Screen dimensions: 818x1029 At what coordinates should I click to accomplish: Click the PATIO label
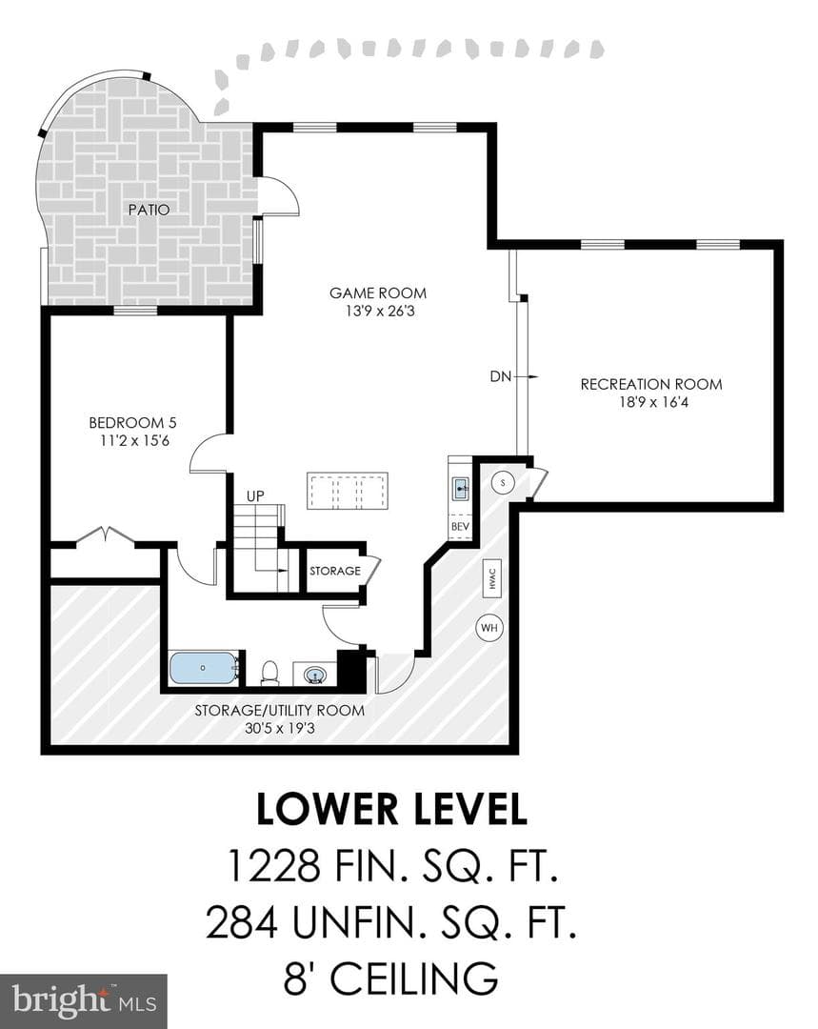[149, 210]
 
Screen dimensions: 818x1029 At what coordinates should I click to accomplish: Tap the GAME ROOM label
[378, 293]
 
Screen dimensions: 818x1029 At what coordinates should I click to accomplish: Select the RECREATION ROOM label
[651, 385]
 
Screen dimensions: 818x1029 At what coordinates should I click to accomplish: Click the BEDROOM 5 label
[132, 423]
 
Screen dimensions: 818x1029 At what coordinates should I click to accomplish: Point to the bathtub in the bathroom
[204, 667]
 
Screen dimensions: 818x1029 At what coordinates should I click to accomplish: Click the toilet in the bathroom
[269, 673]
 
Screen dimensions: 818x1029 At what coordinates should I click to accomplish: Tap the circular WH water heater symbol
[489, 628]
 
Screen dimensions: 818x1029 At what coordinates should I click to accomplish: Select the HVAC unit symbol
[492, 578]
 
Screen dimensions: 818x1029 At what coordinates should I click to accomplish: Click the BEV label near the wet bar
[461, 527]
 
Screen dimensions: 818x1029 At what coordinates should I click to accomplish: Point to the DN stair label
[501, 376]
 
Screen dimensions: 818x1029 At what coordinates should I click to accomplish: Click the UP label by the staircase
[255, 496]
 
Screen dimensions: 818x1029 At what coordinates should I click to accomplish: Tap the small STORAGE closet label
[335, 571]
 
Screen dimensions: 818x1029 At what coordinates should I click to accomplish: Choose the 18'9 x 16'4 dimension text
[653, 402]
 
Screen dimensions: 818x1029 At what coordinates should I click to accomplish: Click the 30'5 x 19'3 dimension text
[280, 728]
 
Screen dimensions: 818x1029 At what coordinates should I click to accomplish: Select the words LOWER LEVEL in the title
[391, 809]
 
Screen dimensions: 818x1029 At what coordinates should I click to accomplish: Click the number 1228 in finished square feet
[273, 865]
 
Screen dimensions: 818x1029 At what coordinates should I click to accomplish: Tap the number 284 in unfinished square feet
[242, 921]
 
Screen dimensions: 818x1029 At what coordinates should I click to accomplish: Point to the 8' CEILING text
[391, 978]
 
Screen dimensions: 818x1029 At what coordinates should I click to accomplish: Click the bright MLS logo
[84, 1001]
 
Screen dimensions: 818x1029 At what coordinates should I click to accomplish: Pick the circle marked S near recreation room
[503, 483]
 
